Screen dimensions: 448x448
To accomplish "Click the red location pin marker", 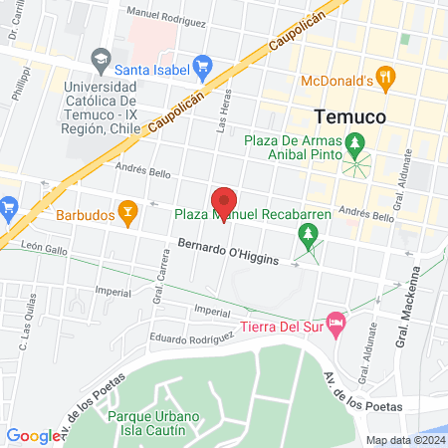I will point(224,202).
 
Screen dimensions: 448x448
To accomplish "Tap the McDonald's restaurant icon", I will point(387,78).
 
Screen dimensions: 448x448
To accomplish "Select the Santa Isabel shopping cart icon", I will point(202,69).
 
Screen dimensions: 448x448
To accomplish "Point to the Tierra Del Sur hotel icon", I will point(336,325).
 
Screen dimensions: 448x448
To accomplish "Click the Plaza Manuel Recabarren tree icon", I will point(309,235).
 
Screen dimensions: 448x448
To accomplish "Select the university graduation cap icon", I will point(100,57).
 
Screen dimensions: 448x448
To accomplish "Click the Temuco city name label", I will point(348,114).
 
